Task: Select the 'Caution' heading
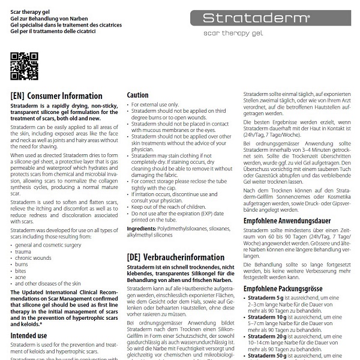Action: pyautogui.click(x=137, y=95)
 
